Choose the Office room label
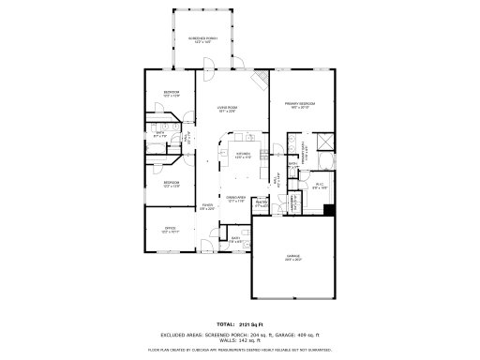171,228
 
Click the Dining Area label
236,198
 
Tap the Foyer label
208,207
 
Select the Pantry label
262,202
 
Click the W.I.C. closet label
318,185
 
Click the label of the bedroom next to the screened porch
171,93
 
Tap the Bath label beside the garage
236,240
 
